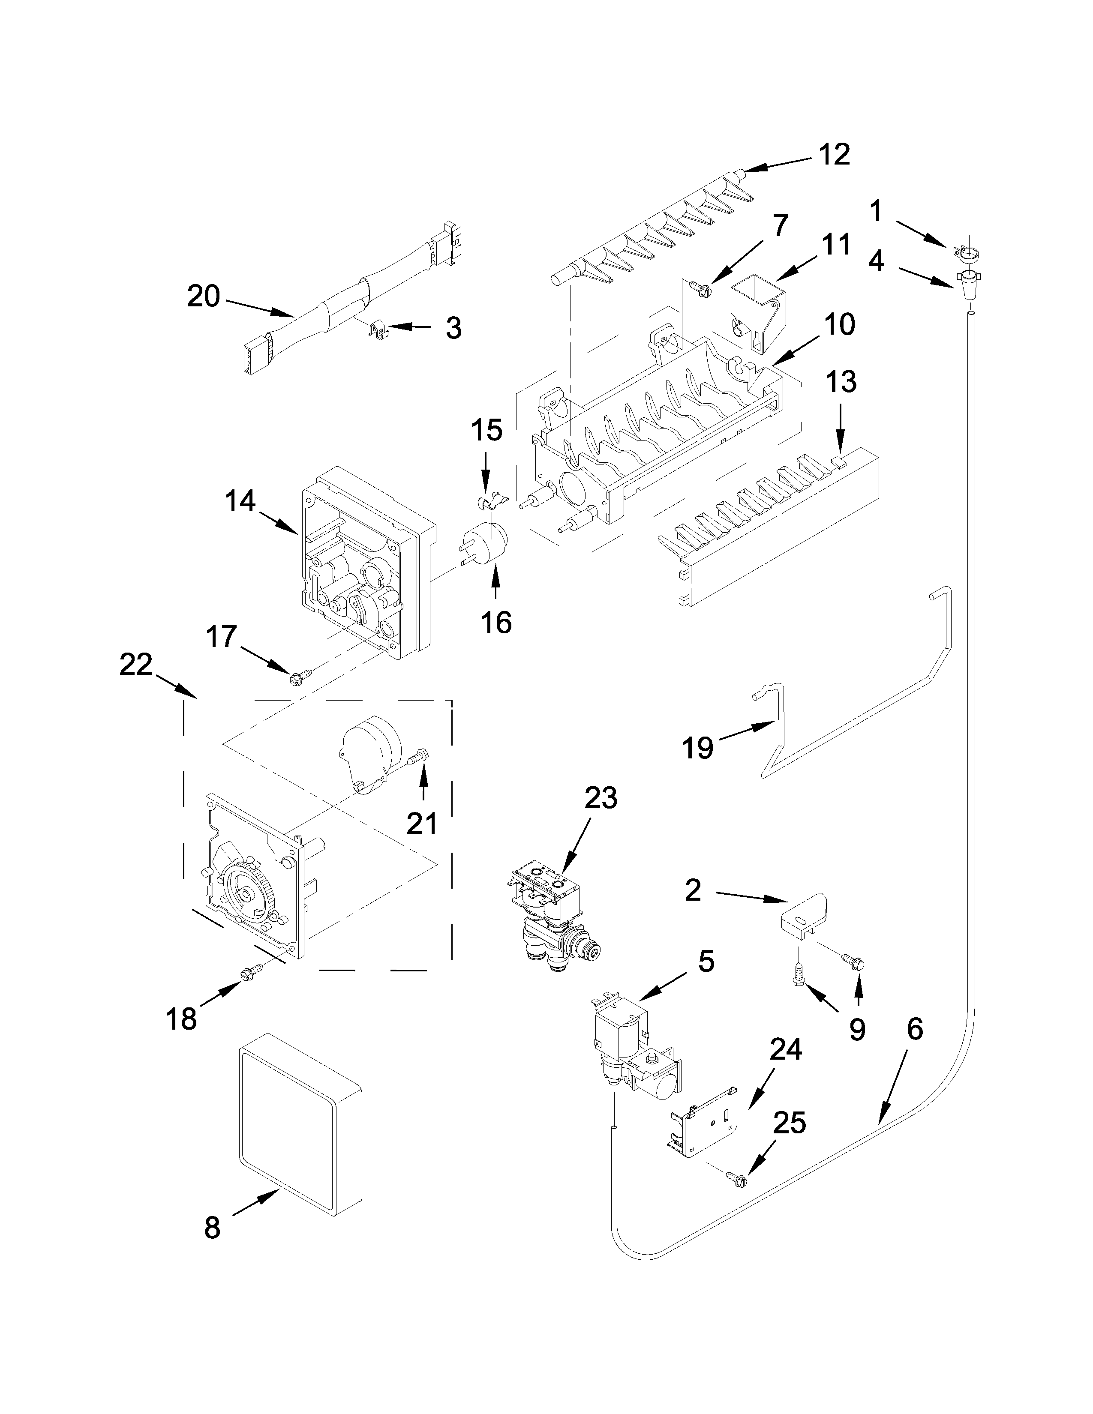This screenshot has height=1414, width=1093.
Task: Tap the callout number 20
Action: [x=203, y=297]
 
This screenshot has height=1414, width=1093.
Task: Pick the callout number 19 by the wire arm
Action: [x=698, y=748]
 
